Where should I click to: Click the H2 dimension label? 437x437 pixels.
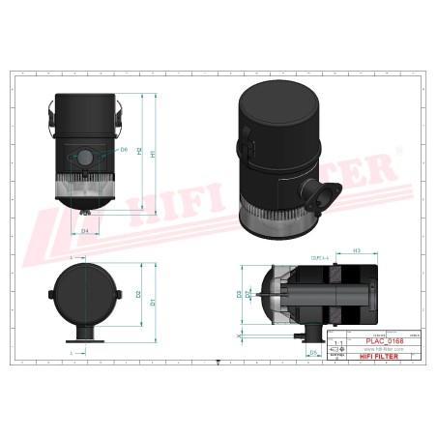[140, 152]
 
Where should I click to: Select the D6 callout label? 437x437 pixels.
[124, 150]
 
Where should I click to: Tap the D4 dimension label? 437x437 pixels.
[85, 232]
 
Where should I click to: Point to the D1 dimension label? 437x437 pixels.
[151, 303]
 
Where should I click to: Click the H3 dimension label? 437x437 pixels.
[330, 250]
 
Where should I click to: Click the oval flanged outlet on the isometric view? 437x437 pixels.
[320, 194]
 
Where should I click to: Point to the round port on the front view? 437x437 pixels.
[84, 157]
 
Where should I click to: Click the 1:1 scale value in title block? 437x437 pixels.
[336, 343]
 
